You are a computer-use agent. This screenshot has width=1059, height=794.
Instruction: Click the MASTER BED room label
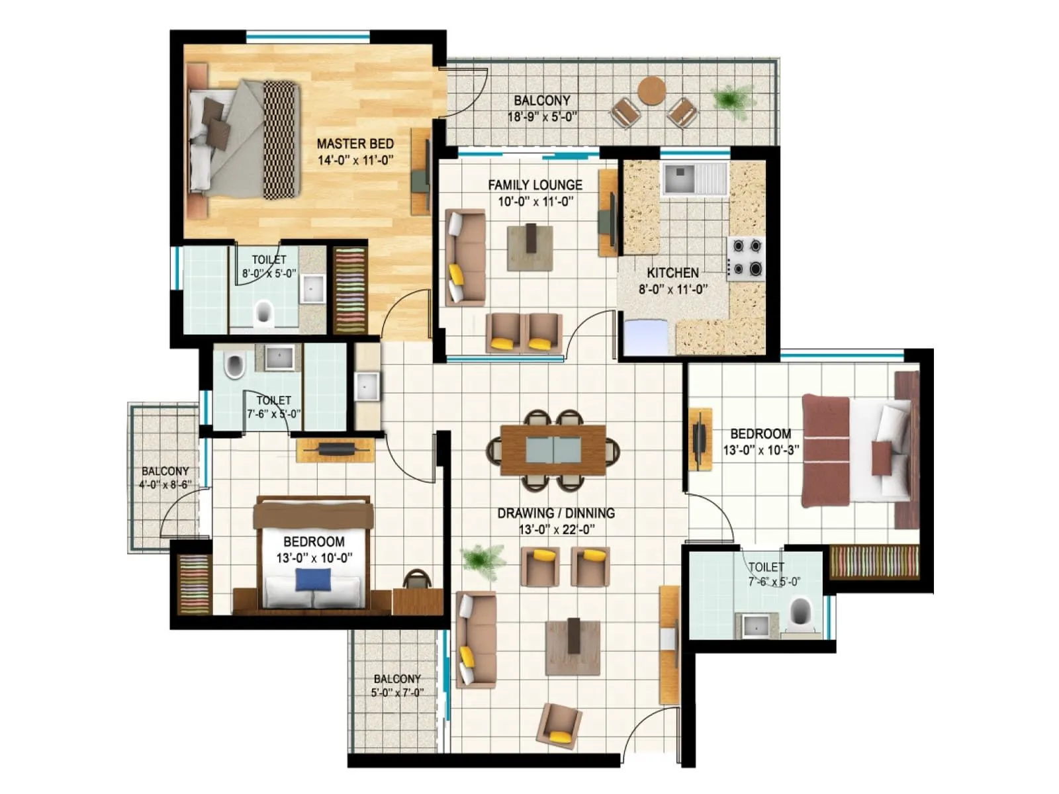tap(355, 144)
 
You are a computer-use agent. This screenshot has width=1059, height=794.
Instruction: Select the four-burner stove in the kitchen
tap(747, 258)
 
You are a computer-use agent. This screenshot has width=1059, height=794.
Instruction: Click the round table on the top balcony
tap(652, 91)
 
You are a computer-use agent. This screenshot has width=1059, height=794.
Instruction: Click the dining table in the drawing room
tap(553, 450)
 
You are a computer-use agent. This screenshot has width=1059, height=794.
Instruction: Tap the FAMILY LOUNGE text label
tap(535, 185)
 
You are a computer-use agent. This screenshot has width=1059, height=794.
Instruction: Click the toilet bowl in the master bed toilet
tap(263, 312)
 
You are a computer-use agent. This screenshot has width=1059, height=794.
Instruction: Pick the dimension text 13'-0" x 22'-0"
tap(556, 529)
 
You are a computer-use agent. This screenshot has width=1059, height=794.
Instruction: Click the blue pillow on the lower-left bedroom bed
tap(312, 580)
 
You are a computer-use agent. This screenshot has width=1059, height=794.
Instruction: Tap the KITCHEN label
tap(672, 273)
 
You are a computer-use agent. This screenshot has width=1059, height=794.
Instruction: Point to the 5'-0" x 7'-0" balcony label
tap(397, 693)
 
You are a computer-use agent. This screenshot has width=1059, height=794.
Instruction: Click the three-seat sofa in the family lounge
tap(465, 257)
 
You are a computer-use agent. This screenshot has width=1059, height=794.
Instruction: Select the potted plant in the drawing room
tap(483, 560)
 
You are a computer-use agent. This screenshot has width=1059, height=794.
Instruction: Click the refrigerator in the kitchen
tap(646, 337)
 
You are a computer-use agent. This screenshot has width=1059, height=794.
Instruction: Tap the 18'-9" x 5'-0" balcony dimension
tap(542, 117)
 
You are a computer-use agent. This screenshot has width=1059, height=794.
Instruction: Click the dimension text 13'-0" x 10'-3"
tap(760, 451)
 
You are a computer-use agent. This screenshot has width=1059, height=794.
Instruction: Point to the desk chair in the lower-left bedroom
tap(417, 579)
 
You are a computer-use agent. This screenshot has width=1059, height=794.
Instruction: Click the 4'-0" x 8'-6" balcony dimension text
tap(165, 484)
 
